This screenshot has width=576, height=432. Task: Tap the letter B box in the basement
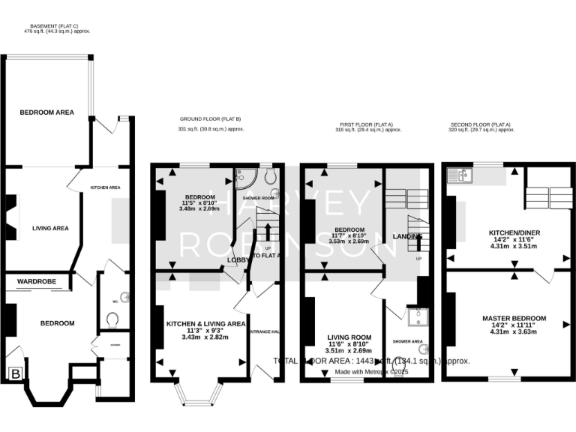14,373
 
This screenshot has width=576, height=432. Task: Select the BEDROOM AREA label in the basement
46,112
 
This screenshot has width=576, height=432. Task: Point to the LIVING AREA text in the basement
50,228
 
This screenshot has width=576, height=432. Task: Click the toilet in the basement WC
113,320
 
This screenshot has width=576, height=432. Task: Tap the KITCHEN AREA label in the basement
106,187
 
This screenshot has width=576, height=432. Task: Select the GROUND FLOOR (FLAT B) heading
210,119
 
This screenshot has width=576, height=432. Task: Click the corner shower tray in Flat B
244,178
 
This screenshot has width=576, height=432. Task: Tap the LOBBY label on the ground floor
238,259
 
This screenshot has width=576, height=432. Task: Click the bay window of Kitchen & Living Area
198,394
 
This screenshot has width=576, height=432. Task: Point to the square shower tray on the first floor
415,318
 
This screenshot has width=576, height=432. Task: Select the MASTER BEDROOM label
514,318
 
